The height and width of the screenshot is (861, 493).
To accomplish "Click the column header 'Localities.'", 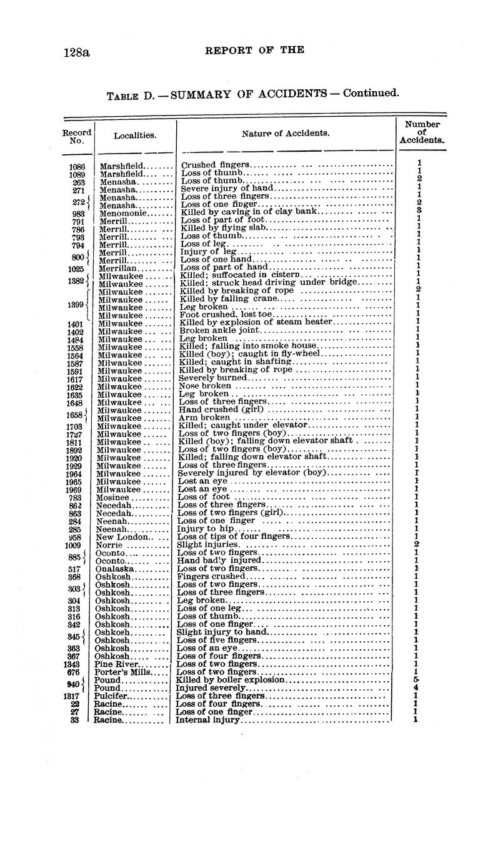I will (135, 135).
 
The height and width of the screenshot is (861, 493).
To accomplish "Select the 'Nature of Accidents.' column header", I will (286, 133).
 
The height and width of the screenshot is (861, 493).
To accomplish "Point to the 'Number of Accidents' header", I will (422, 132).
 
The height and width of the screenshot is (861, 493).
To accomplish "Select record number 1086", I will (77, 165).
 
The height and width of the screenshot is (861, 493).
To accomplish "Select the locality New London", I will (122, 536).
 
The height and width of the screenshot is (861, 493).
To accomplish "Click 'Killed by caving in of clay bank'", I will (249, 212).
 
